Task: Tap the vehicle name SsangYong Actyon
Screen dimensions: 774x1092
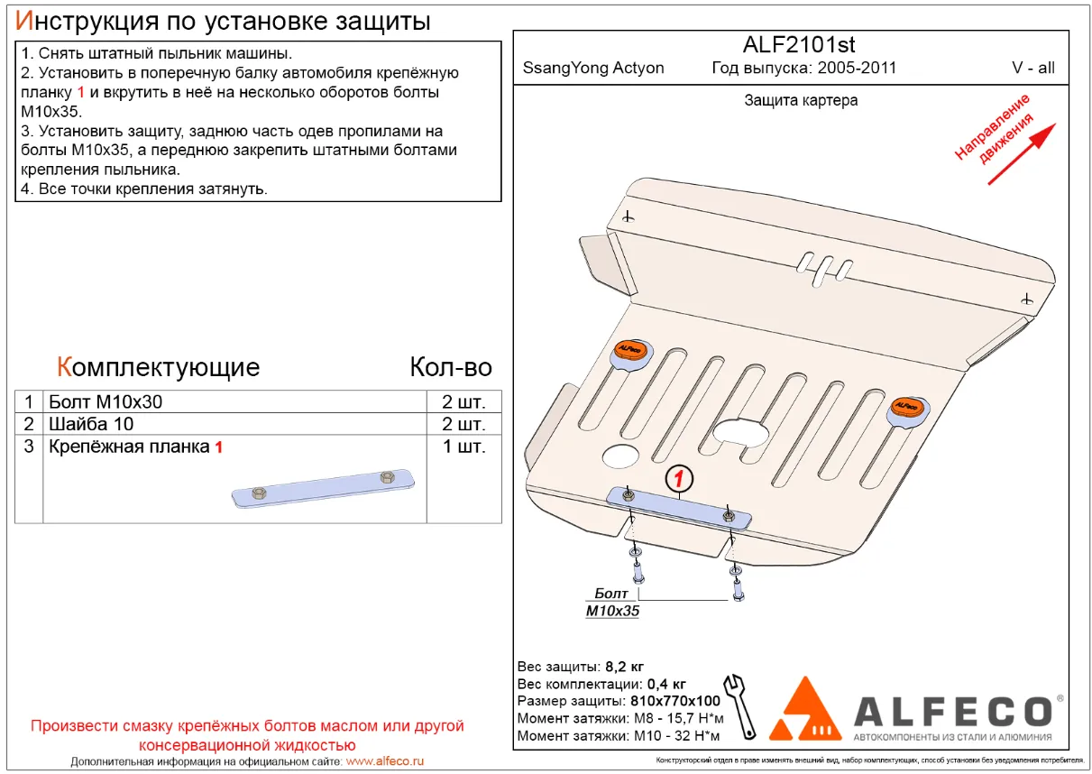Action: [x=593, y=68]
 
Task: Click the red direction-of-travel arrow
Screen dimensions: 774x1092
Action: [x=1021, y=154]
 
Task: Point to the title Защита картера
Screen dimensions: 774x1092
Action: [x=801, y=100]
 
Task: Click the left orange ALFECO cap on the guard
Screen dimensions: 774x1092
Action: [x=629, y=351]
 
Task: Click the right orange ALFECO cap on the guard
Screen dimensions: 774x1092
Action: [x=908, y=407]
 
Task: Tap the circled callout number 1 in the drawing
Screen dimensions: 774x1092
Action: [x=680, y=477]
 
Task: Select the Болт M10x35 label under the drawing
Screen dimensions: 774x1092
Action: [x=613, y=603]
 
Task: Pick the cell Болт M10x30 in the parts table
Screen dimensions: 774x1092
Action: [x=106, y=401]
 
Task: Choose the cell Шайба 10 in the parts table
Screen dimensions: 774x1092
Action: [x=90, y=424]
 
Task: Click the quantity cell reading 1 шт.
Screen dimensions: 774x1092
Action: [x=463, y=447]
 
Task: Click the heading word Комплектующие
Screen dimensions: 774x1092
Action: [x=158, y=367]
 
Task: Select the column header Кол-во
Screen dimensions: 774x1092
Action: [x=451, y=367]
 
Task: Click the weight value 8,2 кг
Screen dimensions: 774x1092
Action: [x=624, y=667]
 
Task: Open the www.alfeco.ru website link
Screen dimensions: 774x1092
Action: [x=385, y=761]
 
